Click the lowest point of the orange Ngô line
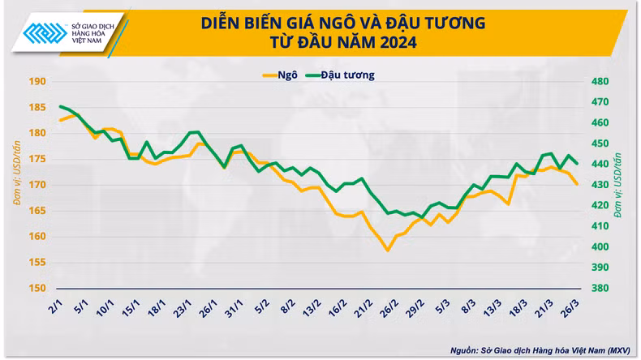click(388, 251)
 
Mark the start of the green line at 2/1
click(59, 106)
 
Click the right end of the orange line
click(577, 184)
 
